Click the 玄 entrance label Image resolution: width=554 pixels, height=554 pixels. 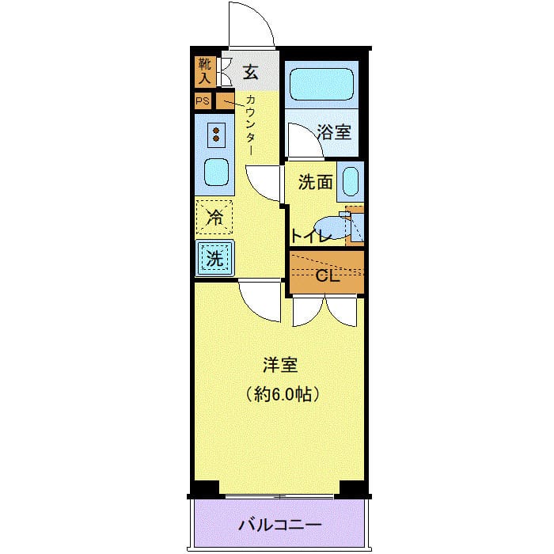coord(250,73)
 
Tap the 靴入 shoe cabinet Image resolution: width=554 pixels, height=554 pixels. coord(204,72)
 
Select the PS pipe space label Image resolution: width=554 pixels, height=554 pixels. coord(203,101)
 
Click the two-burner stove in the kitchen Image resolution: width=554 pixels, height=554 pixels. coord(214,135)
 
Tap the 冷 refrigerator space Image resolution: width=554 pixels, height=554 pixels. coord(214,217)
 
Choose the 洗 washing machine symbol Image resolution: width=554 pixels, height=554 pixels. coord(214,256)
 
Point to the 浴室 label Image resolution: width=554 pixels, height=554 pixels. coord(333,131)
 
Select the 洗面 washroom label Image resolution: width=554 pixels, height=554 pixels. coord(314,182)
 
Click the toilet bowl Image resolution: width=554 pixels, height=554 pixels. coord(328,227)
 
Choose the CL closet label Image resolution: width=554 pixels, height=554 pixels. coord(327,276)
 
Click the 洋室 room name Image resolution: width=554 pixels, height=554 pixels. coord(280,366)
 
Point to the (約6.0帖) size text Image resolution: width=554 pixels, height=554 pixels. coord(286,392)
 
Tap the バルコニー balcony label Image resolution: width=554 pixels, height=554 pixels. coord(280,526)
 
